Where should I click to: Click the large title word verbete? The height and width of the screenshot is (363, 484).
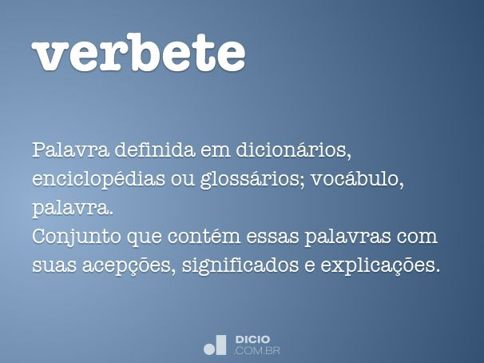138,52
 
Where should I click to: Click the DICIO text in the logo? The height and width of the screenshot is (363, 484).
252,340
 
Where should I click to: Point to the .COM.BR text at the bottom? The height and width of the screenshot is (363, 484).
257,350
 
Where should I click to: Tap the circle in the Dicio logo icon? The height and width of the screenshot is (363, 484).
209,348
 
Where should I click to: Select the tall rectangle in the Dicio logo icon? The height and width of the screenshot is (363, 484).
221,345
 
